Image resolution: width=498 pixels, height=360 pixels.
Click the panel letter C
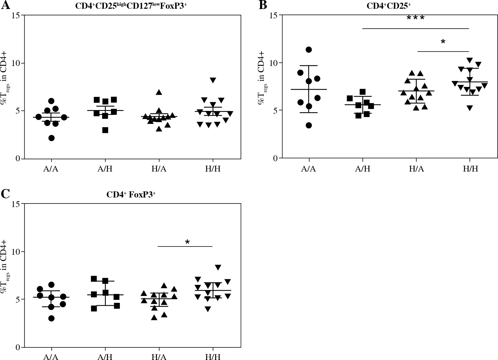coord(6,194)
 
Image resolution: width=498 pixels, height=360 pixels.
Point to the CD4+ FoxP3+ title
coord(131,195)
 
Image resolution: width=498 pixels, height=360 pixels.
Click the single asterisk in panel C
coord(188,242)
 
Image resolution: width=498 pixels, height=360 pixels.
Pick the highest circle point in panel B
coord(309,49)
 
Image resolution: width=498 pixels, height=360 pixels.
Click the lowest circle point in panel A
coord(52,138)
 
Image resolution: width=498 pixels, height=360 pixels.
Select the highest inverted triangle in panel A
coord(213,80)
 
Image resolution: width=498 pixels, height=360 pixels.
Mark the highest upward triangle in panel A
coord(159,92)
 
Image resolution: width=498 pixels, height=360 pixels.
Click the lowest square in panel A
coord(105,130)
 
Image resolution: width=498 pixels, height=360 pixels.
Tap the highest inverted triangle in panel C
coord(218,267)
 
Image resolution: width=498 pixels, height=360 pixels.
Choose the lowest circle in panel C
coord(52,318)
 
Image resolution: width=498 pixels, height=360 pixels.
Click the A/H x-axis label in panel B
coord(363,169)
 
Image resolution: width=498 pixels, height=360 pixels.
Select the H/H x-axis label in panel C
coord(213,357)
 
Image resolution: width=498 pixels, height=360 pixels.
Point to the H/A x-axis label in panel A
coord(159,169)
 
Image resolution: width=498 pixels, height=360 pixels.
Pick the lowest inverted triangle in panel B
coord(469,108)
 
